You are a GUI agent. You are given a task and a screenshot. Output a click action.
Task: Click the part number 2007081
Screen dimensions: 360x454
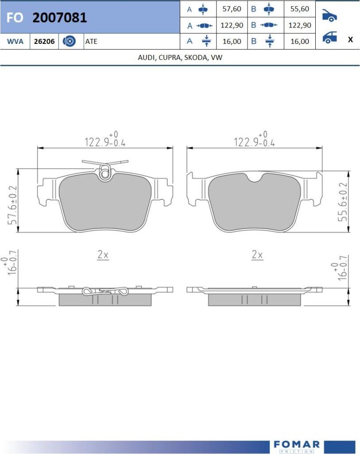click(x=60, y=17)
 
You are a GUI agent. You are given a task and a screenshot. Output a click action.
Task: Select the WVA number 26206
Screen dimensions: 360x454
click(x=44, y=41)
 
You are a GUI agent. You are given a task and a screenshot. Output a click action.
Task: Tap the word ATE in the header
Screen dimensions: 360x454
click(x=91, y=41)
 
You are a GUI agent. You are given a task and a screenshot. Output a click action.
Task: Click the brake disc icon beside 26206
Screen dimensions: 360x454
click(x=69, y=41)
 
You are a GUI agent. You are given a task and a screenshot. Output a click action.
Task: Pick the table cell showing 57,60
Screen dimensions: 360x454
click(x=232, y=9)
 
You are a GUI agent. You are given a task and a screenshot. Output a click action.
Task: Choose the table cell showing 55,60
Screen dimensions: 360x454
click(x=300, y=9)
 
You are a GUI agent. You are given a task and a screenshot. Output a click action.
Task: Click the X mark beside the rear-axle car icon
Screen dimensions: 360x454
click(x=350, y=39)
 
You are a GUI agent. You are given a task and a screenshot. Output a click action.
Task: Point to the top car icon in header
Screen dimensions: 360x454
click(x=329, y=16)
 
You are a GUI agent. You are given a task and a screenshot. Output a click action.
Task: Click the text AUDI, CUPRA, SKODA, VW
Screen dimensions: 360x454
click(x=180, y=57)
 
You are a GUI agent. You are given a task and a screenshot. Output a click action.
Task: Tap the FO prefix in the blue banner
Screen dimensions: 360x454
click(x=15, y=18)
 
